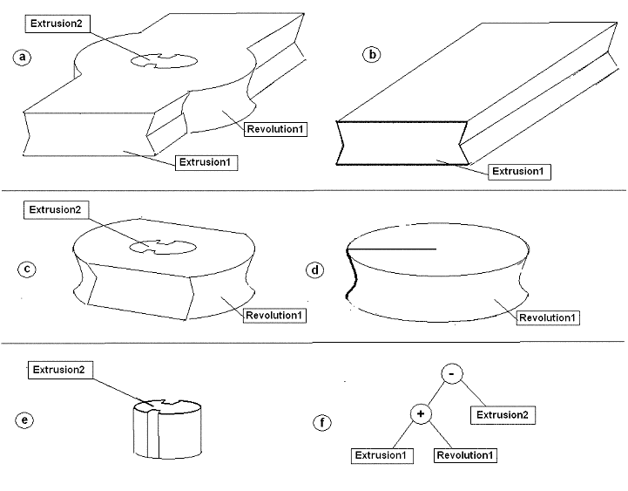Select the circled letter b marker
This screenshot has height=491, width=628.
373,54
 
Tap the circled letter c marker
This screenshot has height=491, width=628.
27,269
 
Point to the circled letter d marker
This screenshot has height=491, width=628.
316,269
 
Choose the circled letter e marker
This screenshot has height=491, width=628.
27,421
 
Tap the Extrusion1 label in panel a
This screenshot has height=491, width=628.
207,162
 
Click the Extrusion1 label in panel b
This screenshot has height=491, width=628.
520,171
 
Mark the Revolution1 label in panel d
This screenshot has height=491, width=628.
548,317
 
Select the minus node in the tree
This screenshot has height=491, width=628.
451,373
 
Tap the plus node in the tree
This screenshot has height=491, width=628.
421,414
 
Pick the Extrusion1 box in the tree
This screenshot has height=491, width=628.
383,455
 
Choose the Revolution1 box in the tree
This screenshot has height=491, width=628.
466,455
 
